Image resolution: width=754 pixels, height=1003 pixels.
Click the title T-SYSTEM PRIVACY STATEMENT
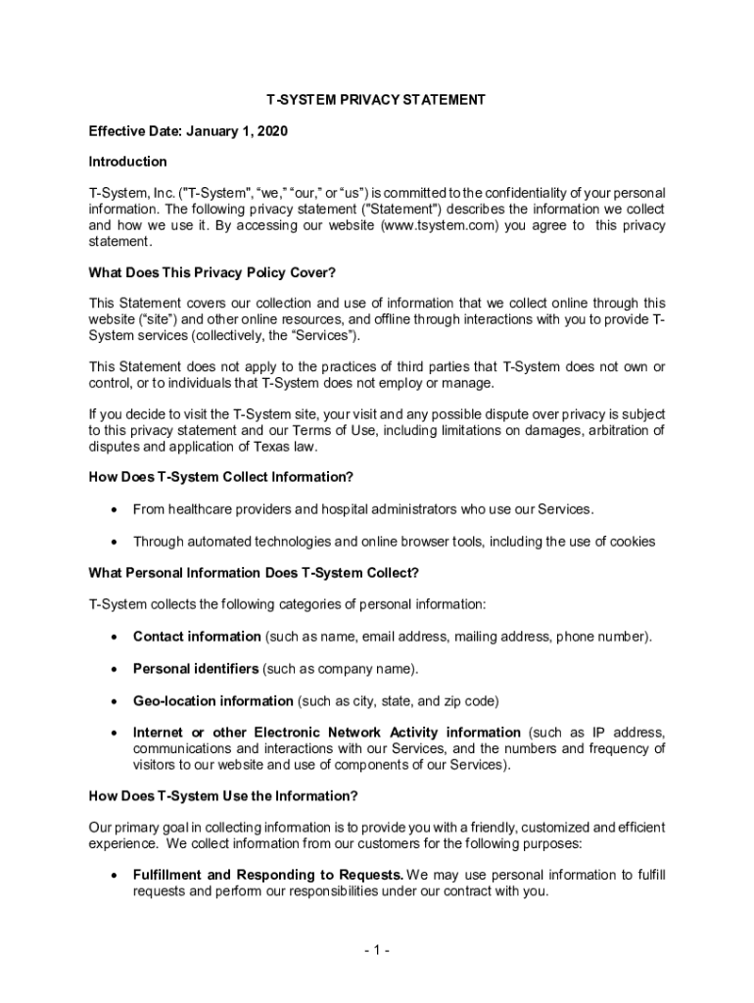[377, 100]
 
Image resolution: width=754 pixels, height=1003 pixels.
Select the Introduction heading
[127, 161]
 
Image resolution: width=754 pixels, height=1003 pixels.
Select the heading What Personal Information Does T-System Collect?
[254, 572]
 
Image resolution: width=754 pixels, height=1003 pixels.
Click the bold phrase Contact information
[197, 637]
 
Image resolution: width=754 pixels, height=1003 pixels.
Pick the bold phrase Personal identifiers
[196, 669]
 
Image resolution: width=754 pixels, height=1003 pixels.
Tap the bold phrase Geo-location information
[212, 701]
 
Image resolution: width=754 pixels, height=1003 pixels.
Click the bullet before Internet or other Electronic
[116, 733]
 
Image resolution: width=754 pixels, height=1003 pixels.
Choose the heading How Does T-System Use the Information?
[223, 795]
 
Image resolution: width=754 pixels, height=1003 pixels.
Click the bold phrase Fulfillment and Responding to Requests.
[268, 874]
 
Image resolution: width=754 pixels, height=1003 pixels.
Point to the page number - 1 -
[377, 950]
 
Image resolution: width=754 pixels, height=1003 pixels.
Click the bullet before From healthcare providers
[116, 509]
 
